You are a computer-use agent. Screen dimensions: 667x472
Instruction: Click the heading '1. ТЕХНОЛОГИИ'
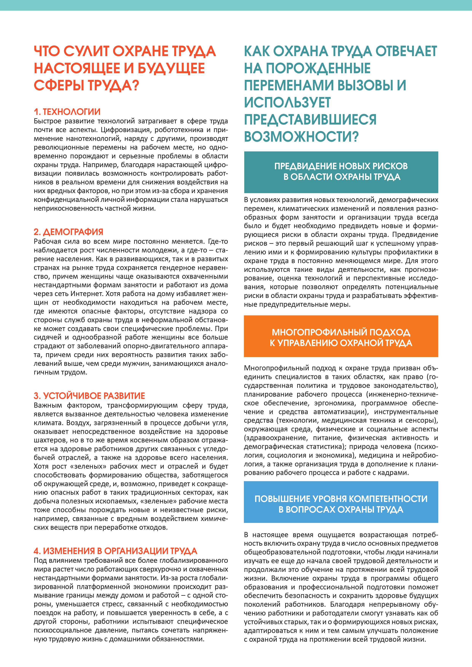click(67, 112)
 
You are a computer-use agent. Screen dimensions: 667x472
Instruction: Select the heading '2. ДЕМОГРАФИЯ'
click(69, 232)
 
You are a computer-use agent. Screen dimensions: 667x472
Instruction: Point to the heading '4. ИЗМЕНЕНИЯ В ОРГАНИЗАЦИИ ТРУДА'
click(115, 551)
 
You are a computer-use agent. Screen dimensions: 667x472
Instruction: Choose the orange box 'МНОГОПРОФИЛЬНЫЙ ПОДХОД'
click(341, 336)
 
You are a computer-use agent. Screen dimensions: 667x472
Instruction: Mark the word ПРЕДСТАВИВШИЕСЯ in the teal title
click(310, 119)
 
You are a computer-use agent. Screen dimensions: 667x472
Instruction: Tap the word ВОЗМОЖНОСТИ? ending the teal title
click(301, 137)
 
